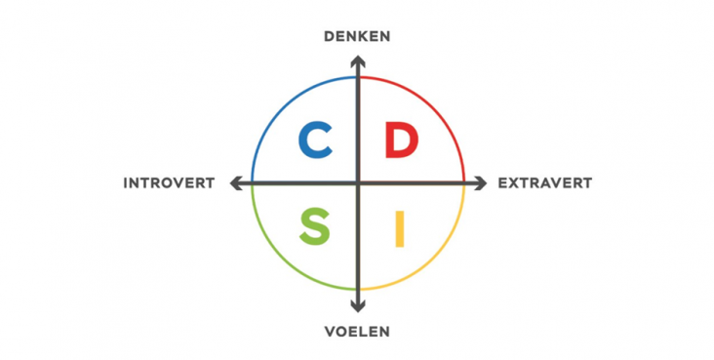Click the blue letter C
(x=315, y=140)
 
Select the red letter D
(x=400, y=140)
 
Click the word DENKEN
(x=357, y=37)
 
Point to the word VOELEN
(x=357, y=332)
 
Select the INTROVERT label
(x=169, y=182)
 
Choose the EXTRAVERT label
(x=544, y=182)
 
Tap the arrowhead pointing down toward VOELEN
(x=358, y=304)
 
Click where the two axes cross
(x=358, y=182)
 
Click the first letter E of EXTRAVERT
(x=502, y=182)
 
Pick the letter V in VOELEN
(x=331, y=332)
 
